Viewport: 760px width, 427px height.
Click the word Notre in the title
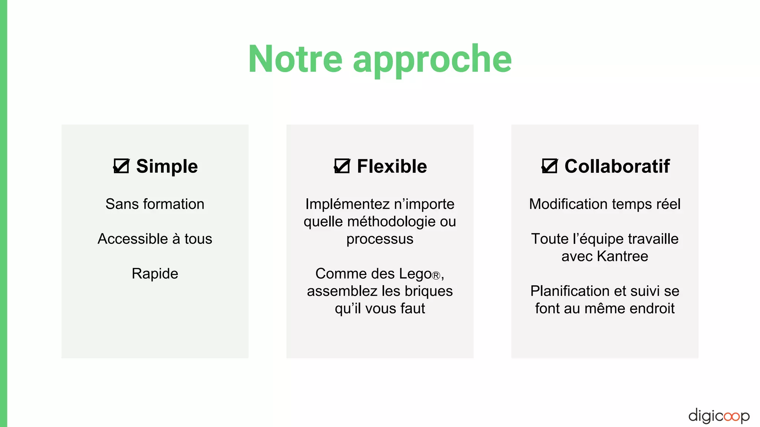[x=295, y=59]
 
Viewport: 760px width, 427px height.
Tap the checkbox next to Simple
[x=121, y=166]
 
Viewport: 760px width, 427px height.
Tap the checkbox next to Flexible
[x=342, y=166]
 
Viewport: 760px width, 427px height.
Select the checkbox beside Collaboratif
[x=549, y=166]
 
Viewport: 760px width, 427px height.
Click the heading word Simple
[x=167, y=166]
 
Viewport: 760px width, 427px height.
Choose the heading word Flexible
[x=392, y=166]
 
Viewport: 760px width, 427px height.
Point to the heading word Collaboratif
[x=617, y=166]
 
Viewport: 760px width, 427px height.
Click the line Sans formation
[x=155, y=204]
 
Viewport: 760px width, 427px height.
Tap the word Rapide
[x=155, y=274]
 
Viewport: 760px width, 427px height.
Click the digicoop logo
[x=718, y=416]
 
